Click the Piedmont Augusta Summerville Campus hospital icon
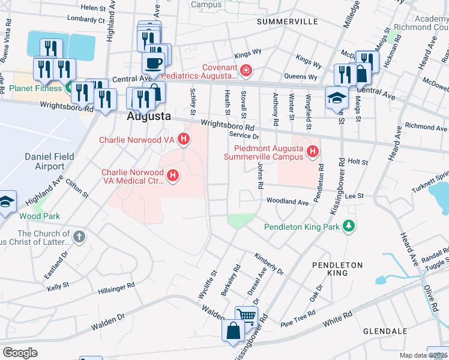coord(312,152)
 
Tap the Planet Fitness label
coord(35,88)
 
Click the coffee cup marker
coord(153,63)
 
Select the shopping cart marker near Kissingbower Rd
coord(246,316)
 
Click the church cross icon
coord(79,236)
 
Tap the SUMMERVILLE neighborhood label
coord(287,21)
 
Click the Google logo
coord(20,353)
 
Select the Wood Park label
coord(40,215)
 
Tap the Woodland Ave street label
coord(287,202)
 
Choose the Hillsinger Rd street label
coord(117,292)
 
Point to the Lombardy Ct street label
coord(85,19)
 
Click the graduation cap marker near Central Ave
coord(336,97)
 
